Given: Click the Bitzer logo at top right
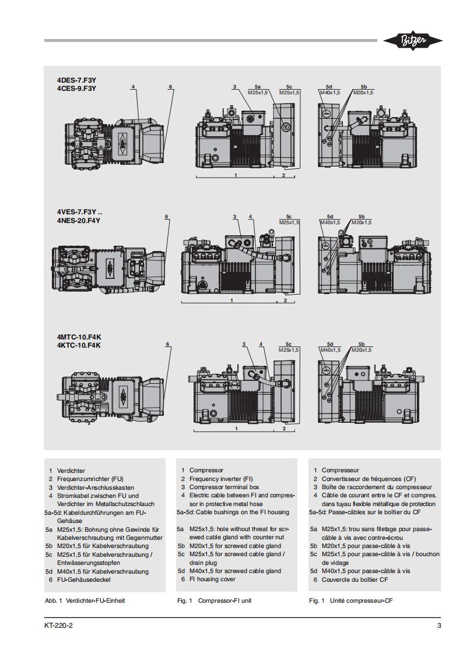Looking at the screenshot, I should (x=412, y=40).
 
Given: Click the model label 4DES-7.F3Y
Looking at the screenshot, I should (x=76, y=80).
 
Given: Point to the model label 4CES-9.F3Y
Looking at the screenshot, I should (x=76, y=89).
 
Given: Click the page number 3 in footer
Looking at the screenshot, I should (x=439, y=626).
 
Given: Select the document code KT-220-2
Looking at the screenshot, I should (x=58, y=626).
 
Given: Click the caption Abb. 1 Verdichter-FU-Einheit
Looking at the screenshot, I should (x=85, y=600).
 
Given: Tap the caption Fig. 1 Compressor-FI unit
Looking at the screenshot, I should (x=214, y=600).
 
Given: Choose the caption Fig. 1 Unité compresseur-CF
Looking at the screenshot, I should (x=350, y=600).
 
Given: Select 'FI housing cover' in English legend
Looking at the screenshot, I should (x=212, y=579).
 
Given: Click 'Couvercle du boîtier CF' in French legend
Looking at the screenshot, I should (x=355, y=579).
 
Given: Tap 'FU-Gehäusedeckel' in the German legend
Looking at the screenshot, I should (x=84, y=579).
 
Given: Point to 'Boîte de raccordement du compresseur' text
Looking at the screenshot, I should (x=377, y=487).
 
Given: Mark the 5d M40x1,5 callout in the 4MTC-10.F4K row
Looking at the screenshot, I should (x=329, y=347).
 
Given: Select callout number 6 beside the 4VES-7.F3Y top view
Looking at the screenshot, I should (x=166, y=217).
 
